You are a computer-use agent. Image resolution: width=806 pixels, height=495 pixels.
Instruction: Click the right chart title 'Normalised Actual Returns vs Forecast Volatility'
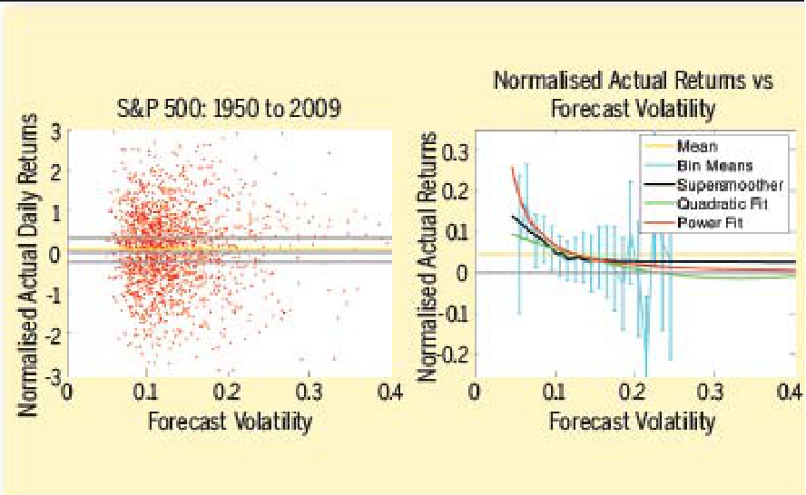tap(633, 94)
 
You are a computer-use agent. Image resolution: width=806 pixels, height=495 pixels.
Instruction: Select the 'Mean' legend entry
tap(697, 145)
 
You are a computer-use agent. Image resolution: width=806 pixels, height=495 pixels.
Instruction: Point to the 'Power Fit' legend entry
tap(710, 222)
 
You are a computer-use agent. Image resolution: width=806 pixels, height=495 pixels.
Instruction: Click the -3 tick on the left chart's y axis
tap(54, 374)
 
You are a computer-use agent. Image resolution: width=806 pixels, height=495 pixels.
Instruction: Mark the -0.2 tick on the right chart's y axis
tap(454, 354)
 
